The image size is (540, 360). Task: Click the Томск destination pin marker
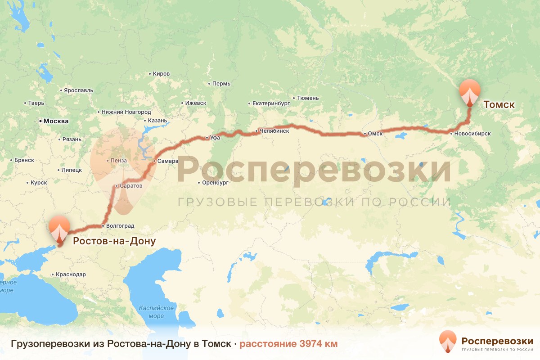pyautogui.click(x=469, y=91)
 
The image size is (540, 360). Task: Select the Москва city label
pyautogui.click(x=56, y=121)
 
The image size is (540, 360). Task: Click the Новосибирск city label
pyautogui.click(x=472, y=133)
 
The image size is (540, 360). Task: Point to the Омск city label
pyautogui.click(x=375, y=134)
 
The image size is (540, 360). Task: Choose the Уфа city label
pyautogui.click(x=215, y=138)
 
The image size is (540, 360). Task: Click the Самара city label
pyautogui.click(x=168, y=161)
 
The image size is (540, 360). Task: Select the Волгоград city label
pyautogui.click(x=120, y=226)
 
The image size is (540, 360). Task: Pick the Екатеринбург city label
pyautogui.click(x=270, y=103)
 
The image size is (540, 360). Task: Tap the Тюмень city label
pyautogui.click(x=308, y=98)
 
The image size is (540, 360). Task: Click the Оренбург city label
pyautogui.click(x=216, y=183)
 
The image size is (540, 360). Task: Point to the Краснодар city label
pyautogui.click(x=71, y=274)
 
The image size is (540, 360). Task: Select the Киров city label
pyautogui.click(x=161, y=74)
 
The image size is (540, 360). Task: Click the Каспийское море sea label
pyautogui.click(x=156, y=312)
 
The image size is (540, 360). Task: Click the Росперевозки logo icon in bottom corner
pyautogui.click(x=448, y=341)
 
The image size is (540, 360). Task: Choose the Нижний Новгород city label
pyautogui.click(x=126, y=112)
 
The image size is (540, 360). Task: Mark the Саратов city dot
pyautogui.click(x=117, y=185)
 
